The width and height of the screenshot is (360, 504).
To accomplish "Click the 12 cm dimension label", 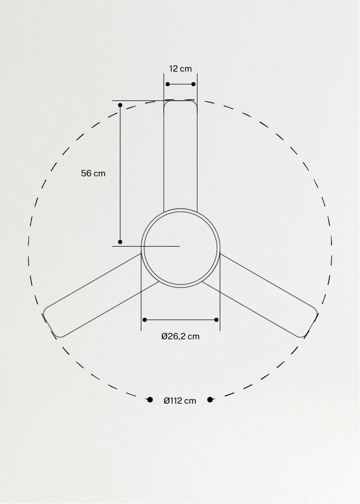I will (x=180, y=69).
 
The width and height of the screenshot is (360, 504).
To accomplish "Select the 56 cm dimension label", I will (x=93, y=173).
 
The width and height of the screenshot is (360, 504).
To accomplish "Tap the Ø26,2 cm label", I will (x=180, y=336).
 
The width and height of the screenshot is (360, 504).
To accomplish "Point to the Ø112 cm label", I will (x=180, y=401).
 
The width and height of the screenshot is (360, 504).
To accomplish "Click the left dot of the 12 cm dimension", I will (x=168, y=84).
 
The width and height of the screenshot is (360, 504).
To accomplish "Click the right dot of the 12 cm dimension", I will (x=193, y=84).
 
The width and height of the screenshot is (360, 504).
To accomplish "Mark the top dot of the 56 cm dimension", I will (x=120, y=105).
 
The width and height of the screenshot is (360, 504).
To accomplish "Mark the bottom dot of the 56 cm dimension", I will (x=120, y=242).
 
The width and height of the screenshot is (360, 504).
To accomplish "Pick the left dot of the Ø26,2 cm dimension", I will (x=145, y=320).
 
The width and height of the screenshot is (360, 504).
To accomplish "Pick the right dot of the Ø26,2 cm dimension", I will (x=216, y=320).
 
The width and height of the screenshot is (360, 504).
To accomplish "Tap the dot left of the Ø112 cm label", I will (x=150, y=400).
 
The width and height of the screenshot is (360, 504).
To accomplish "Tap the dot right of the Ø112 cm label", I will (x=210, y=400).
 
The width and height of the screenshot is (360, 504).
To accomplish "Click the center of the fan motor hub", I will (x=180, y=248).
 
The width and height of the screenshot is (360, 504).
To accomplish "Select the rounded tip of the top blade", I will (x=180, y=102).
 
